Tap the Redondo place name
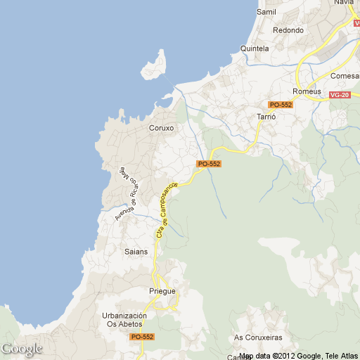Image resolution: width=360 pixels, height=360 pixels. pyautogui.click(x=288, y=30)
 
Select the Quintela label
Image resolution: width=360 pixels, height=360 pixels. pyautogui.click(x=255, y=49)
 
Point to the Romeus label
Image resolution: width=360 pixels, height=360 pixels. pyautogui.click(x=307, y=91)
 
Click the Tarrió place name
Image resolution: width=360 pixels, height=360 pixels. pyautogui.click(x=266, y=115)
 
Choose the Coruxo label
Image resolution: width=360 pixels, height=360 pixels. pyautogui.click(x=161, y=129)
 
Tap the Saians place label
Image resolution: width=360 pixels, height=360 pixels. pyautogui.click(x=136, y=251)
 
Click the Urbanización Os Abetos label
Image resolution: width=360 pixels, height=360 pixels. pyautogui.click(x=124, y=320)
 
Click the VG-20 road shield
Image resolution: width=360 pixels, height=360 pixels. pyautogui.click(x=340, y=94)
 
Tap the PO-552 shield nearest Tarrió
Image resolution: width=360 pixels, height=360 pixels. pyautogui.click(x=281, y=105)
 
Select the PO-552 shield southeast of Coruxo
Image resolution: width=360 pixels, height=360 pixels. pyautogui.click(x=209, y=164)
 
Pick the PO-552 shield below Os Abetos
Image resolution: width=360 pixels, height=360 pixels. pyautogui.click(x=142, y=337)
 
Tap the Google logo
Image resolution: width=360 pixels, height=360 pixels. pyautogui.click(x=21, y=349)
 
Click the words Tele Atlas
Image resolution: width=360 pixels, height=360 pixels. pyautogui.click(x=342, y=356)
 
